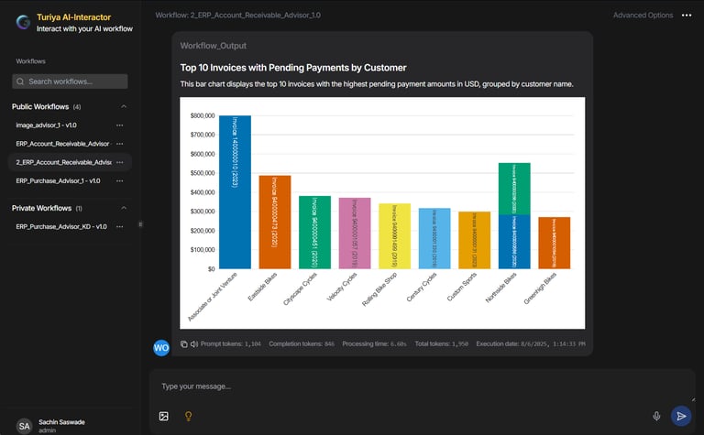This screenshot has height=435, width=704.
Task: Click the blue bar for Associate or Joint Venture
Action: coord(236,191)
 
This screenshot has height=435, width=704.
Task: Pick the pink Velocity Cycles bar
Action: coord(354,233)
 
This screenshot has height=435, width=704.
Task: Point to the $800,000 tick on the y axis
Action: coord(203,116)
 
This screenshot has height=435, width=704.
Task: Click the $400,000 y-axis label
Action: coord(203,193)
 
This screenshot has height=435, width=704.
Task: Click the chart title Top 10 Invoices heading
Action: coord(293,68)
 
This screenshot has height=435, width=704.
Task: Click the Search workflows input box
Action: coord(70,82)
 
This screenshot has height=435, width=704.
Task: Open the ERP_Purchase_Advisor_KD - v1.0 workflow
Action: coord(61,226)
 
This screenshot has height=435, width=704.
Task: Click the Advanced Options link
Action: coord(643,16)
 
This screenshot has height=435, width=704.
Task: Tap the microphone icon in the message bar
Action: coord(656,416)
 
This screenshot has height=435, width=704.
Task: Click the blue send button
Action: coord(680,416)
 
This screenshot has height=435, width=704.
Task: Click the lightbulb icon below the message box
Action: coord(189,416)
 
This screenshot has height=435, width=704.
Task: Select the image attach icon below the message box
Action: coord(164,416)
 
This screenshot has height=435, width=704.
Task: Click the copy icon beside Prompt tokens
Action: coord(183,344)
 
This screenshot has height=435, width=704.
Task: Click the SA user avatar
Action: coord(25,426)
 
